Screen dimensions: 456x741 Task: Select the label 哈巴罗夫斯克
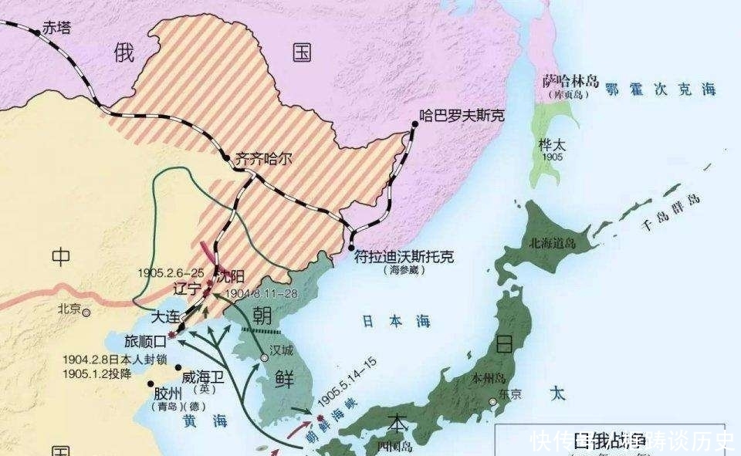pyautogui.click(x=461, y=115)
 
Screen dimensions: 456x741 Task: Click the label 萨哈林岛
pyautogui.click(x=569, y=81)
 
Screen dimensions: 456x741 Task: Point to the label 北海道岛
pyautogui.click(x=552, y=242)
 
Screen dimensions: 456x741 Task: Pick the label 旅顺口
pyautogui.click(x=145, y=340)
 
